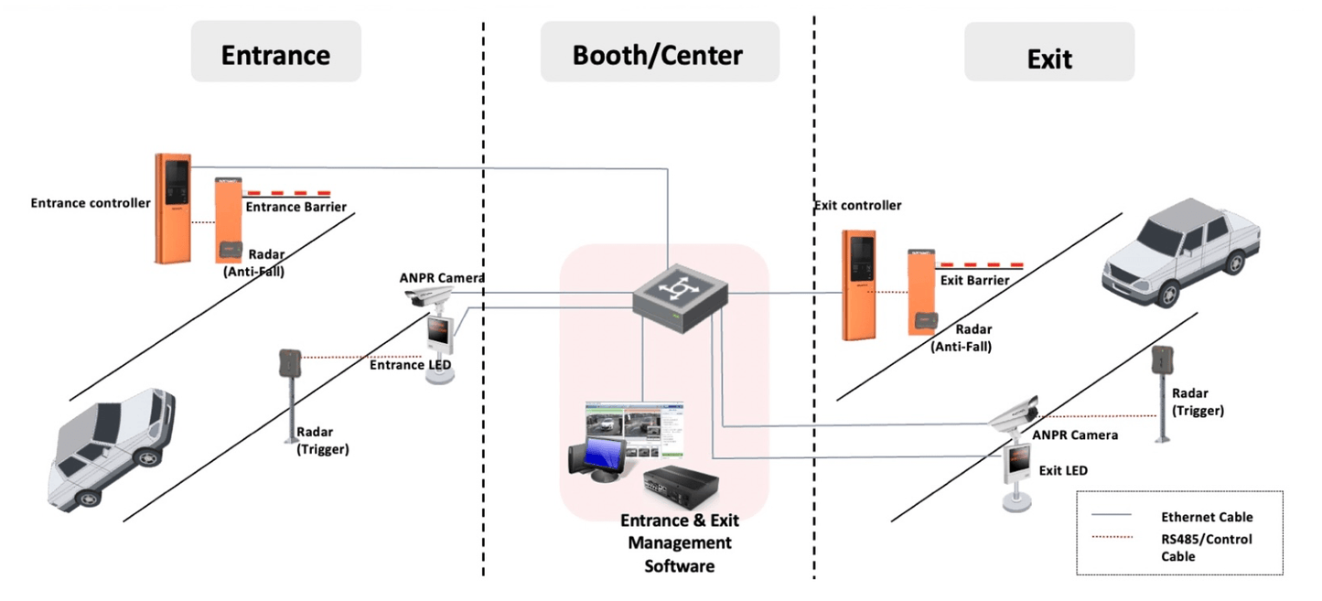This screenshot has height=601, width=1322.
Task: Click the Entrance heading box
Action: click(x=275, y=53)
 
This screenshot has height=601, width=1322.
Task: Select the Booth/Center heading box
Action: click(x=659, y=53)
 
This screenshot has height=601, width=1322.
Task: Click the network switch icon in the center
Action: click(x=680, y=294)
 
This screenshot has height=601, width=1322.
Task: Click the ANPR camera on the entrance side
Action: click(x=427, y=295)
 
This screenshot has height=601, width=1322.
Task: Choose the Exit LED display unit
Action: click(x=1018, y=472)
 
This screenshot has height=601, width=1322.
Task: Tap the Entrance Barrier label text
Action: click(x=296, y=207)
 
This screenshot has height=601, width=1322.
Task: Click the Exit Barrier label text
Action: click(x=975, y=280)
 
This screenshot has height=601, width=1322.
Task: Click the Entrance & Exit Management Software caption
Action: click(x=679, y=543)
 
